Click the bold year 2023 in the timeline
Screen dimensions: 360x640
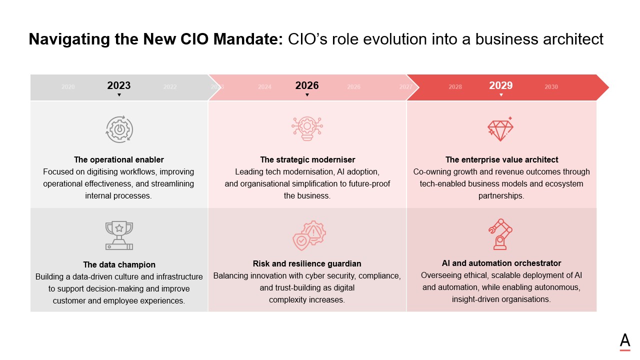119,85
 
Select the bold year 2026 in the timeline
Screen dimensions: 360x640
307,85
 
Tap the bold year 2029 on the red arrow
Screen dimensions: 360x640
500,85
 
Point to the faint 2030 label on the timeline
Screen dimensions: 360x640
551,87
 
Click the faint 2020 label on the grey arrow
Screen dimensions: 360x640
68,87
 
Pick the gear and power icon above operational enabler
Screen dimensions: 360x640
119,129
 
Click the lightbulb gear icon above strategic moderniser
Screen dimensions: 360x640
307,128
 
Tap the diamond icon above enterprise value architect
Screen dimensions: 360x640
500,129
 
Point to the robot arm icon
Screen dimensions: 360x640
500,234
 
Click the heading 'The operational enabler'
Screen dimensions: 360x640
119,160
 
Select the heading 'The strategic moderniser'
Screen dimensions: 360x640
307,160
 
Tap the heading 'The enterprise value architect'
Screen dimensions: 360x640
501,160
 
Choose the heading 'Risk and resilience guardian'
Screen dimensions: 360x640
307,263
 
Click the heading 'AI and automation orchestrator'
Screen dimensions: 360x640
501,263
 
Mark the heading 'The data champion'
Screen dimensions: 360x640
119,265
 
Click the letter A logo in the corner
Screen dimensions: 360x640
624,341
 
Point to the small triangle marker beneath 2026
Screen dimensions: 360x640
307,95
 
